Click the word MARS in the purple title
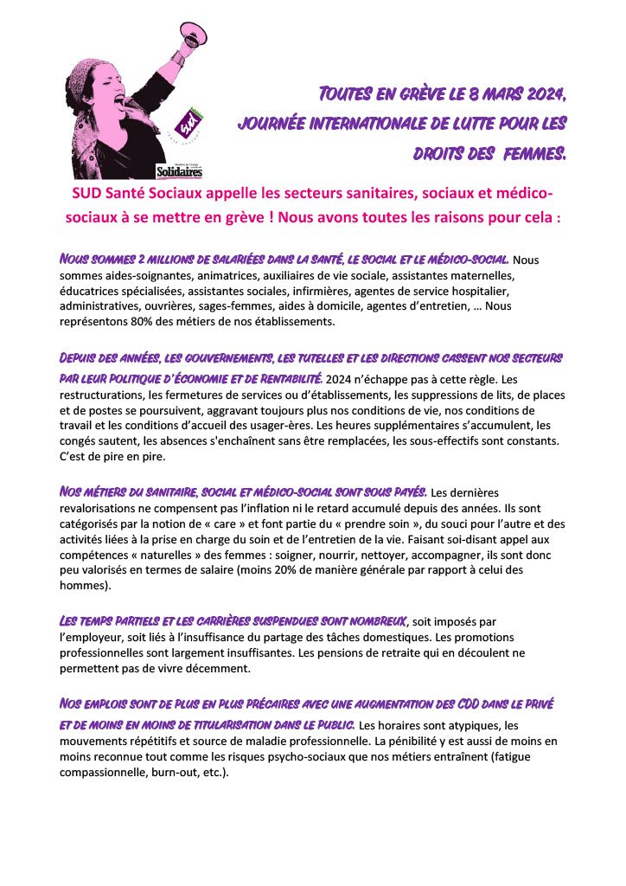coord(490,92)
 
